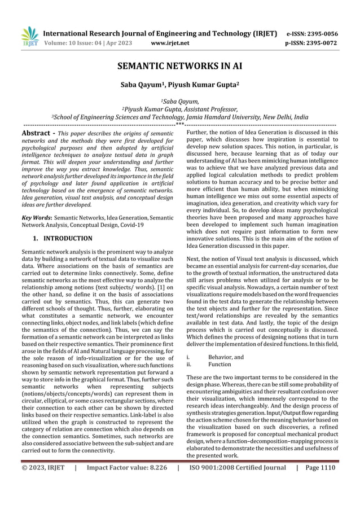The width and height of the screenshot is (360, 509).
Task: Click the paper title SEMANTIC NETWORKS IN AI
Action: tap(179, 66)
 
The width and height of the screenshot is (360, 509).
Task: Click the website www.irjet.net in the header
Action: tap(171, 42)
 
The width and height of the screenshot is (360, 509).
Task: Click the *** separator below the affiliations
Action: tap(179, 124)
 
